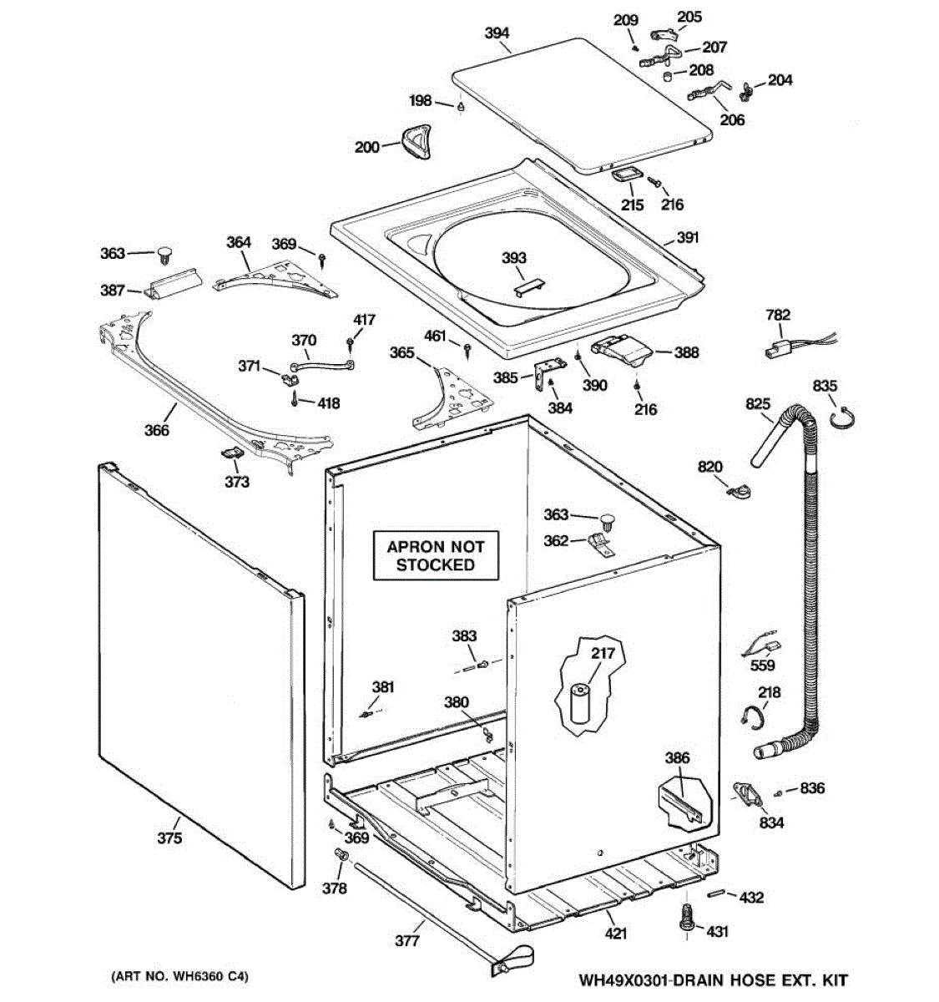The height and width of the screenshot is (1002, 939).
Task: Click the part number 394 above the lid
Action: pos(497,33)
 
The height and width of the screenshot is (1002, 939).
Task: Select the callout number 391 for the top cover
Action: pos(687,237)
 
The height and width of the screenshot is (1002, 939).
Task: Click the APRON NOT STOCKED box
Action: pos(436,555)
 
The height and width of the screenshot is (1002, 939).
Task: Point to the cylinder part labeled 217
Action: pos(578,705)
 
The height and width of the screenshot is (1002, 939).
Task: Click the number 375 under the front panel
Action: pos(169,838)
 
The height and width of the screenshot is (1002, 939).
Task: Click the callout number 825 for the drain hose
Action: pos(758,403)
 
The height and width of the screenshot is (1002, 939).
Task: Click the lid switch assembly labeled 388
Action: pos(622,351)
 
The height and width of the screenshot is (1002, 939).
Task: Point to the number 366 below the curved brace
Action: pos(157,430)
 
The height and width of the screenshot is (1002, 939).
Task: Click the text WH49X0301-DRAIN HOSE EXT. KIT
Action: pos(714,979)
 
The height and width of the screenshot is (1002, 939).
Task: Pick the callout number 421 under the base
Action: pos(616,933)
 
